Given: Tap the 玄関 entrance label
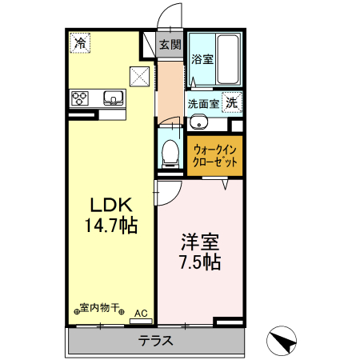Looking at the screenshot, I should coord(169,44).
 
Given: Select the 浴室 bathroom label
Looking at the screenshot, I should coord(201,58).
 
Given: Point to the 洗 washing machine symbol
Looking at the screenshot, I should coord(232,102).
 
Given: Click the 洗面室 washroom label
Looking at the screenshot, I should coord(203,103).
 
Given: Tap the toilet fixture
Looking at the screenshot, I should coord(170,152).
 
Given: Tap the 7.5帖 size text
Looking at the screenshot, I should coord(198,261).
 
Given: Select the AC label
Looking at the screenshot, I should coord(141,313).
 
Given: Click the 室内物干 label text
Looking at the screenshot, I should coord(100,307).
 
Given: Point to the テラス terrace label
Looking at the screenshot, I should coord(156,340).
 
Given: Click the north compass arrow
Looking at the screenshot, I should coord(282,342).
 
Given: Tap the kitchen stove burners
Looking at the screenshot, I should coord(81,99).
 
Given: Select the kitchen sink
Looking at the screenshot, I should coord(112,99).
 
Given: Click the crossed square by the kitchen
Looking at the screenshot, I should coord(141,77).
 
